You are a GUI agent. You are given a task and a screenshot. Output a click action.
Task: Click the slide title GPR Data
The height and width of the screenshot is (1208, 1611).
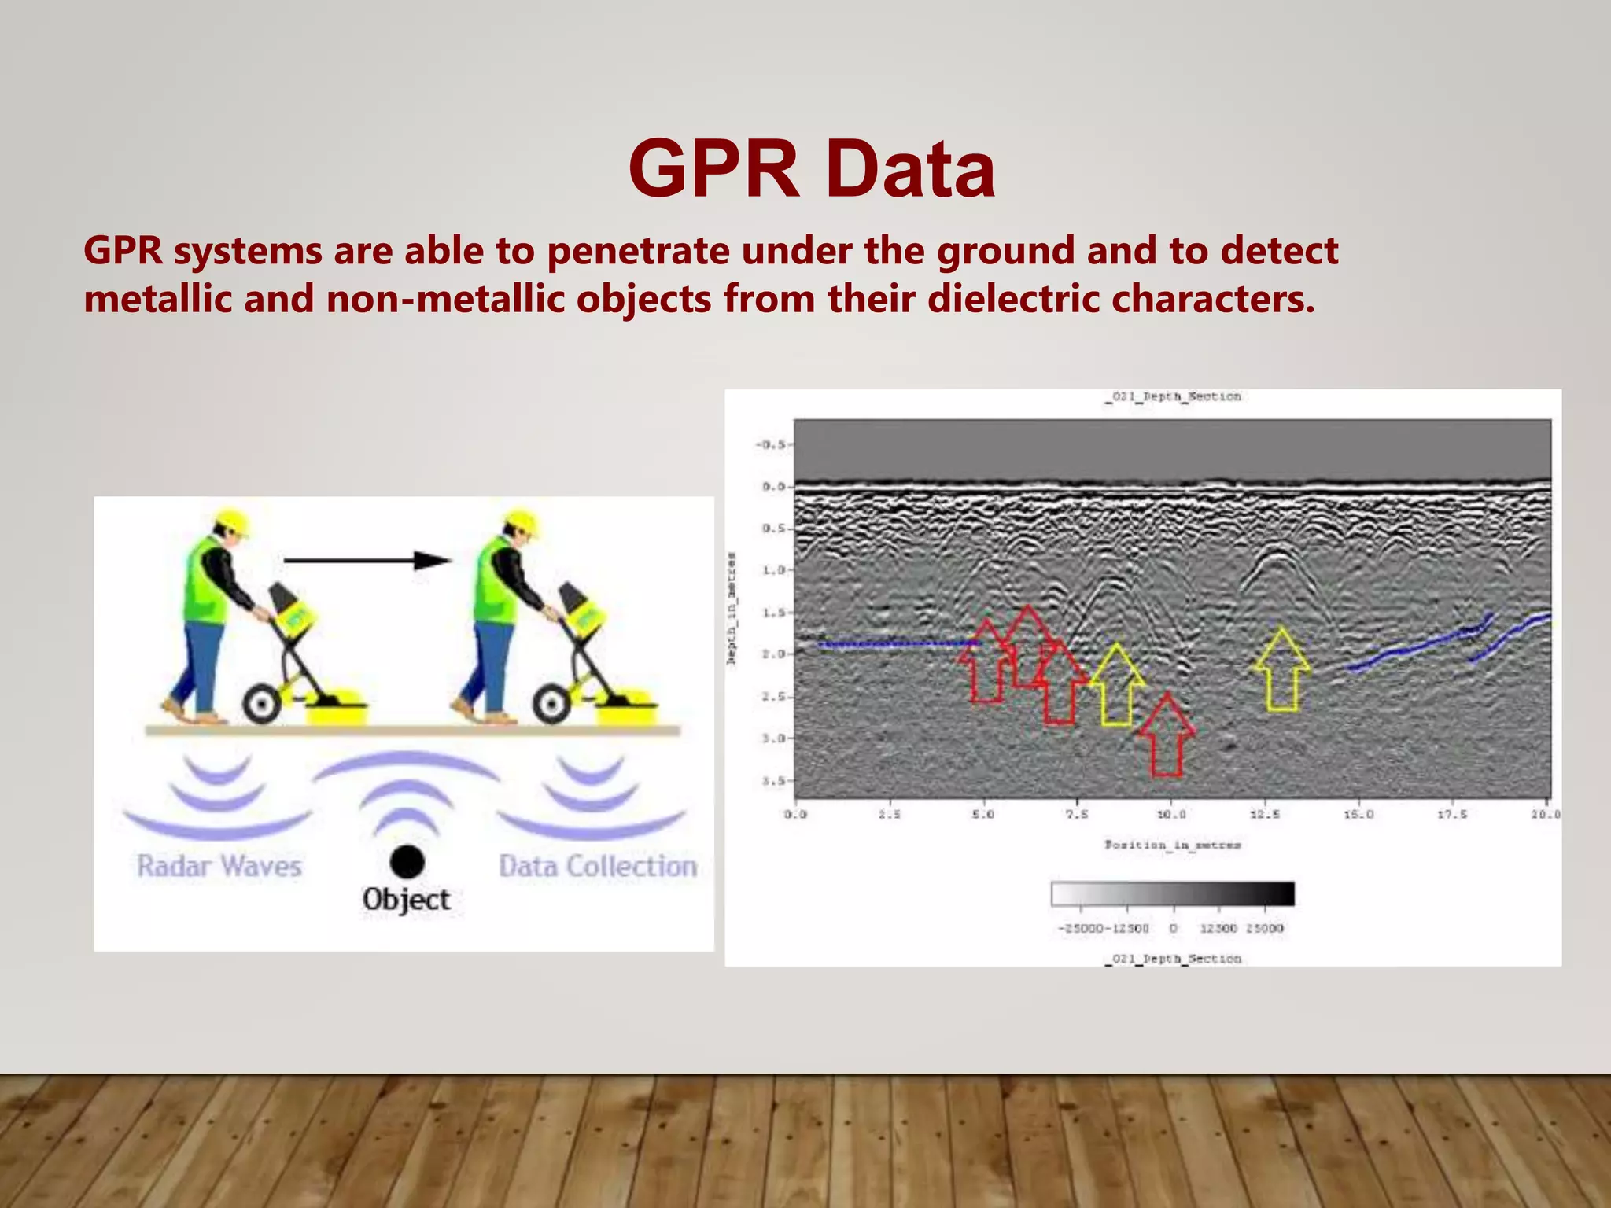click(812, 169)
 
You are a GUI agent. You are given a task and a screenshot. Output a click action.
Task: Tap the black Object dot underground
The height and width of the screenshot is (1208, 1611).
click(407, 862)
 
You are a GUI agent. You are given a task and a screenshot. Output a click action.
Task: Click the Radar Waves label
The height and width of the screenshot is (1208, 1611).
click(219, 866)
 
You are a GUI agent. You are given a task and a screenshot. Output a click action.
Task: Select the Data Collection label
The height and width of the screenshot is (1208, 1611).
click(598, 866)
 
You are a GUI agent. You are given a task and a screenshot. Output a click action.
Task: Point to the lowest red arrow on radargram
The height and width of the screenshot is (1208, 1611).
click(1167, 735)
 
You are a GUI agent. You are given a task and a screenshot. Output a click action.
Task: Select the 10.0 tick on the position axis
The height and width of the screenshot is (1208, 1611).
click(1170, 814)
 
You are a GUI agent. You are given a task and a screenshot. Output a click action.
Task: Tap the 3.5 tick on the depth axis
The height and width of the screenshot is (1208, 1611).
click(773, 781)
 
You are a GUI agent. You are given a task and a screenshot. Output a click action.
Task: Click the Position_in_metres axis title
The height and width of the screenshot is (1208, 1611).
click(1172, 845)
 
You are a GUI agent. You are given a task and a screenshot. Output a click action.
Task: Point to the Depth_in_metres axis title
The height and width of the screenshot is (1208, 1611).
click(732, 610)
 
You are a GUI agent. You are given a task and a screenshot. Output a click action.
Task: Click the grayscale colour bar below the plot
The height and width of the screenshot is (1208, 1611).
click(1172, 894)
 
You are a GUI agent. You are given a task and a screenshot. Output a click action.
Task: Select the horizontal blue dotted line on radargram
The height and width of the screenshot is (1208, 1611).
click(897, 645)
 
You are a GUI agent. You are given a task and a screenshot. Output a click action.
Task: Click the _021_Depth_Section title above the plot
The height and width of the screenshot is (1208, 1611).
click(1172, 396)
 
